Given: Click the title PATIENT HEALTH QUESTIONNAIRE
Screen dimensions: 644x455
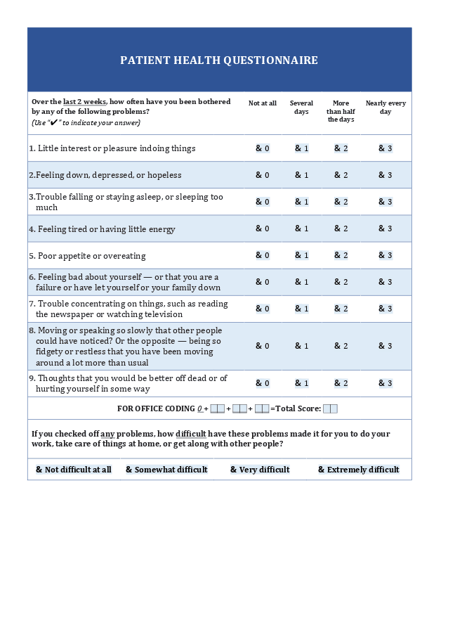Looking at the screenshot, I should pos(219,60).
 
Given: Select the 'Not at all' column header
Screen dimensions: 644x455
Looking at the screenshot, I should pos(263,103).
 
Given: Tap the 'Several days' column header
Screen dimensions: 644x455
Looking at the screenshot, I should pos(301,108).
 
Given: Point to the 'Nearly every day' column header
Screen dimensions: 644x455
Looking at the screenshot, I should pos(385,108).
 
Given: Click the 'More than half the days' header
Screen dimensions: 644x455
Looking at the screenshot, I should pos(341,111).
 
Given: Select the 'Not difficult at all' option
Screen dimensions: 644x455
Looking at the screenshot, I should pos(74,470).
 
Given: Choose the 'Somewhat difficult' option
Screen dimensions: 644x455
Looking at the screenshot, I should pos(166,470).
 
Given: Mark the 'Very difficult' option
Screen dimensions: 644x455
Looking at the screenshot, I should pos(260,470).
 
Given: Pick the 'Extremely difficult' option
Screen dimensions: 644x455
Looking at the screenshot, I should pos(358,470).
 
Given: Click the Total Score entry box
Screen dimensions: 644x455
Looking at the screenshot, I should pos(330,408).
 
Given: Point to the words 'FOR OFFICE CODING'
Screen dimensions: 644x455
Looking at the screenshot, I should pos(155,408).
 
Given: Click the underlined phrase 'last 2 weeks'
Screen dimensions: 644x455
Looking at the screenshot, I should pos(84,102).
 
